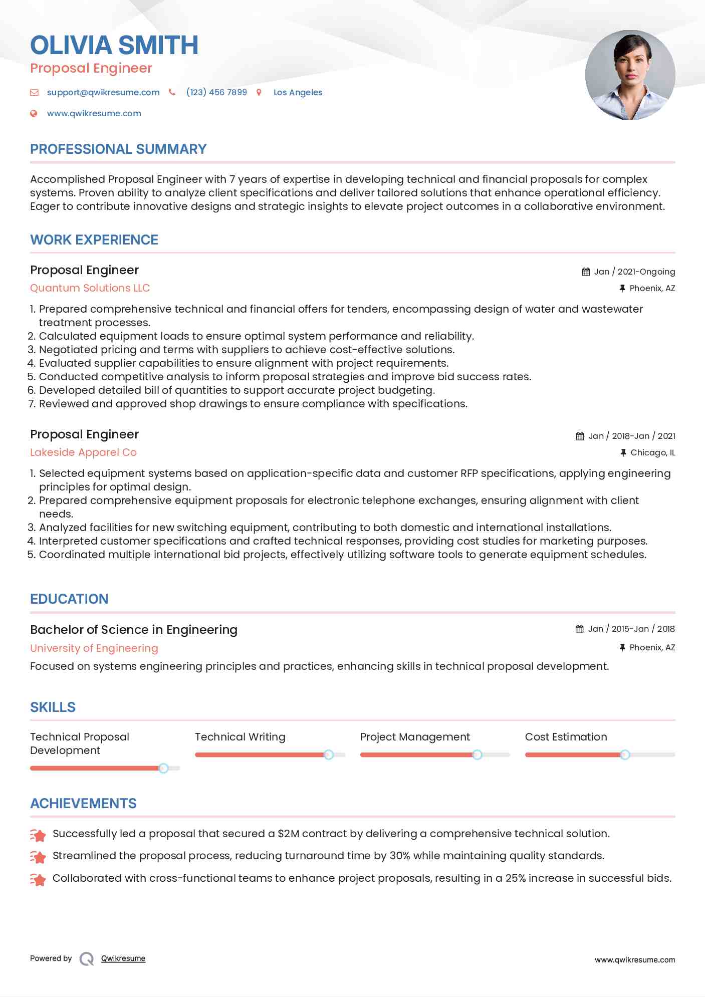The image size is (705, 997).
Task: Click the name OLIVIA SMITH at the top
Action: pos(114,45)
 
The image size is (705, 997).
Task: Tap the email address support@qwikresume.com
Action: pos(103,92)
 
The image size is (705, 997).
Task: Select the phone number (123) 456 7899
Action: pos(216,92)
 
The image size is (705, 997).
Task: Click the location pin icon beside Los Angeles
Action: pos(259,93)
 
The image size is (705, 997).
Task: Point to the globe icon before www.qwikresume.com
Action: pos(34,114)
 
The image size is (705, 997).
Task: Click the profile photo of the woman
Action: pos(630,75)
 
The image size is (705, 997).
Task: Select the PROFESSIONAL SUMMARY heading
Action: pos(118,149)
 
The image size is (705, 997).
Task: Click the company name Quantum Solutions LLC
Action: pos(90,288)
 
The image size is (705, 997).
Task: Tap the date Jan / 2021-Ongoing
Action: pos(634,272)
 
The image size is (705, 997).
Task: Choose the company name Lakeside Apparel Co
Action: pos(83,452)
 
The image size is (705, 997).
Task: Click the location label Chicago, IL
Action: pos(652,452)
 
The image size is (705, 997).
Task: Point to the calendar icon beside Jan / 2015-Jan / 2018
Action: pos(580,629)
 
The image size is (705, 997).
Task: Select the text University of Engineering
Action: pos(94,648)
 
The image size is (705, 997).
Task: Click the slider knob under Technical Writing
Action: pos(329,755)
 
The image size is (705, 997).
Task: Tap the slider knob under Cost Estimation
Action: pos(625,755)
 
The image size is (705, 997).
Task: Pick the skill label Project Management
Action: pos(415,737)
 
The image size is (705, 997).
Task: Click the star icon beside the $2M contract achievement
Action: pos(38,835)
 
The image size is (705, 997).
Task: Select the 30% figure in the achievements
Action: pos(400,856)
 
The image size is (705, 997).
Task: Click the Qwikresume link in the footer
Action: pos(123,958)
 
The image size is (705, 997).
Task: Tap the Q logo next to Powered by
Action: pos(87,959)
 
